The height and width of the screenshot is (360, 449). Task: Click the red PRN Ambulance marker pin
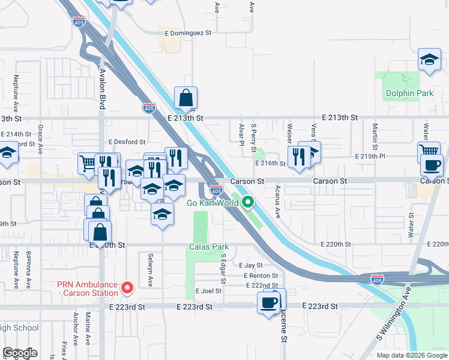pos(127,287)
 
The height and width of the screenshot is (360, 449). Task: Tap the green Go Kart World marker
pos(247,203)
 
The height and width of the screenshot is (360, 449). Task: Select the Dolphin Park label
pos(401,94)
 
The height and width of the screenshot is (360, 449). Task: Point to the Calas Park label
pos(209,247)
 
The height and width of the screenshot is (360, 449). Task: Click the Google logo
pos(20,353)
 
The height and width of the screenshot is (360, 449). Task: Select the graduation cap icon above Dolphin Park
pos(429,59)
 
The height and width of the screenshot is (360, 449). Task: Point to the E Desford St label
pos(127,142)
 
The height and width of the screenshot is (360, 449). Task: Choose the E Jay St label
pos(251,265)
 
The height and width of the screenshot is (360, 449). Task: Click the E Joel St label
pos(208,291)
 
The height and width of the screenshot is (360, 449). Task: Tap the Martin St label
pos(375,136)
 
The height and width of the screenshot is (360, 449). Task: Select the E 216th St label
pos(270,163)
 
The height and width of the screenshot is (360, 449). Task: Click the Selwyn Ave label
pos(150,269)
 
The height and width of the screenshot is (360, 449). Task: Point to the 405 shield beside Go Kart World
pos(217,190)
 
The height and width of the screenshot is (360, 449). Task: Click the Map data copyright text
pos(412,355)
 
